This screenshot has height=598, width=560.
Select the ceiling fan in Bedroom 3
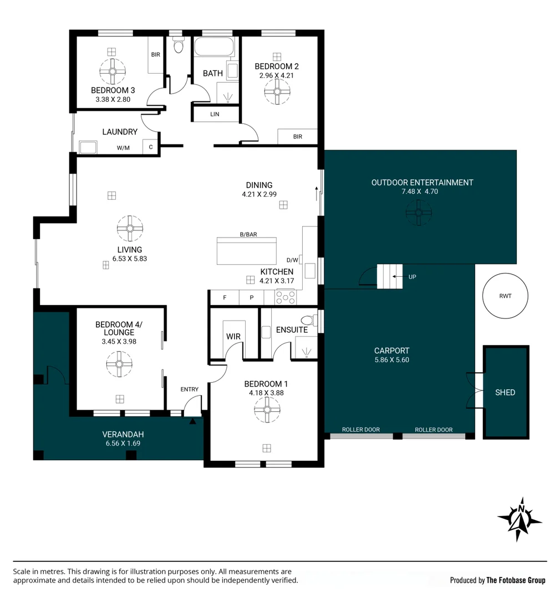(113, 71)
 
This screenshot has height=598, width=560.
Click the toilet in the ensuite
(309, 320)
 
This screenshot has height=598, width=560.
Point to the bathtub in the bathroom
(214, 47)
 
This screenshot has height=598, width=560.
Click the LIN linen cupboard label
(215, 114)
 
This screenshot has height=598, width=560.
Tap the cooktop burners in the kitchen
(286, 297)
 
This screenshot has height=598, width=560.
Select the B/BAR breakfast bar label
(248, 234)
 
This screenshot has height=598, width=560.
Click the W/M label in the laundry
(123, 148)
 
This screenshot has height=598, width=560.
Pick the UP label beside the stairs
(412, 277)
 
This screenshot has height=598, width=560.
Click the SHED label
(505, 393)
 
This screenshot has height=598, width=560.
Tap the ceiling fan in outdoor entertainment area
(419, 213)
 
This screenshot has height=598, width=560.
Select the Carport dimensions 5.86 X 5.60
(392, 360)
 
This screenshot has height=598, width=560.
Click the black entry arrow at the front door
(192, 421)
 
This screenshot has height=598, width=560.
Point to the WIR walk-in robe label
(233, 337)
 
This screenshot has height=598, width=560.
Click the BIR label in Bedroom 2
(298, 137)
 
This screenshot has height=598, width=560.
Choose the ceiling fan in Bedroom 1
(267, 410)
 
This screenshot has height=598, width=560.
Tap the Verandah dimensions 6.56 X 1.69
(123, 443)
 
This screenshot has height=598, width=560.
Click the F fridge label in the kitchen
(225, 297)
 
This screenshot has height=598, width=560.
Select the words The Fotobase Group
(516, 580)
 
